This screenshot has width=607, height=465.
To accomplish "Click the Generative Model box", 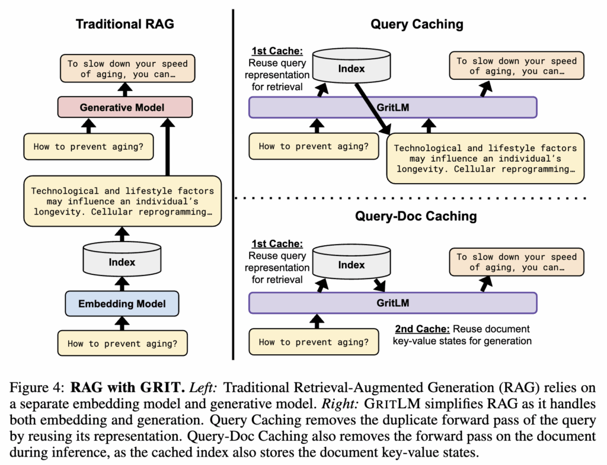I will [x=122, y=107].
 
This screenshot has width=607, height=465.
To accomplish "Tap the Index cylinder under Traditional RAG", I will [x=122, y=261].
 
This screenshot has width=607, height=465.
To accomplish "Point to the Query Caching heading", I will [x=417, y=24].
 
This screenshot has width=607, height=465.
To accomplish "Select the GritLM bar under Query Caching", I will [x=392, y=107].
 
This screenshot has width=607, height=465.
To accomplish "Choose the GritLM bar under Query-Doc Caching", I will [x=392, y=302].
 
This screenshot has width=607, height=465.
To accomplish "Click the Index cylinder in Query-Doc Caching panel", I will [x=352, y=265].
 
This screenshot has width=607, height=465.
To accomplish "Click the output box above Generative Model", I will [x=127, y=69].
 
